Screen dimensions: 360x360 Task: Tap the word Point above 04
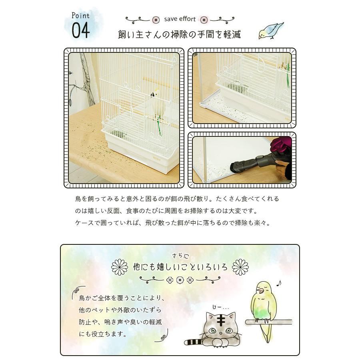coord(80,16)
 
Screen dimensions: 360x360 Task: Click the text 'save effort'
coord(180,19)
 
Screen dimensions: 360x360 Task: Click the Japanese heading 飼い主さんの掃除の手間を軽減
coord(180,34)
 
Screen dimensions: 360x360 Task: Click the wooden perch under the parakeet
coord(264,321)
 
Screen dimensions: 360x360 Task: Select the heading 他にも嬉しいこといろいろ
coord(180,267)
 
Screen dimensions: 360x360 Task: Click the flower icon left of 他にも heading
coord(119,267)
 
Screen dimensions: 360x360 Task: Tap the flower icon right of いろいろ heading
coord(240,267)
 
